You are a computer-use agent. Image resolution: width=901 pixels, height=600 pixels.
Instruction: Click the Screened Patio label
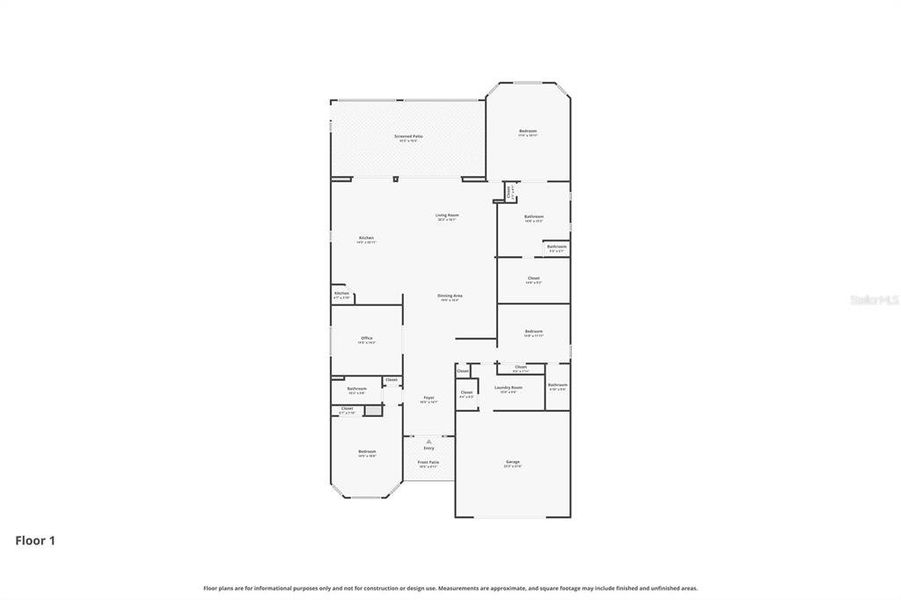(407, 137)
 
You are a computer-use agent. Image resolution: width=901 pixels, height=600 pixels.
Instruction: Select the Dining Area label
(450, 297)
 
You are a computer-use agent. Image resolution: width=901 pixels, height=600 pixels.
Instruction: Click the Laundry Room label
(508, 388)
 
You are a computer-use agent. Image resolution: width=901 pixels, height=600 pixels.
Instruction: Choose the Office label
(367, 340)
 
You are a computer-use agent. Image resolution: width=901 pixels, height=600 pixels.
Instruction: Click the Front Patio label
(428, 463)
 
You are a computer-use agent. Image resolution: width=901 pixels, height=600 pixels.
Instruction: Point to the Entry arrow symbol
(428, 440)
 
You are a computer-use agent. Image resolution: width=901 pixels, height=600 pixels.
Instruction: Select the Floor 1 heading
(35, 541)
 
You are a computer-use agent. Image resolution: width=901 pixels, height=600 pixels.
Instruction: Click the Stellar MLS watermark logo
(873, 299)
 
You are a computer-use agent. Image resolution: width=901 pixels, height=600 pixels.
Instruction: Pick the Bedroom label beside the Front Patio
(367, 453)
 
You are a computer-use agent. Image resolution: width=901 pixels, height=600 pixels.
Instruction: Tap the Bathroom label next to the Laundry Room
(557, 386)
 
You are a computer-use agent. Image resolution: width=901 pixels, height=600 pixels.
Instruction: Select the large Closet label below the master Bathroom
(533, 280)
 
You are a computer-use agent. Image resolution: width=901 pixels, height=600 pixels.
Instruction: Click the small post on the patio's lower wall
(397, 179)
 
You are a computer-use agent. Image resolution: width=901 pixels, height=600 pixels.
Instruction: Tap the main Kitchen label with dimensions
(367, 239)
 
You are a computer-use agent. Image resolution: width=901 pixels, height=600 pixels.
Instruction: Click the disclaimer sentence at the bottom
(450, 588)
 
